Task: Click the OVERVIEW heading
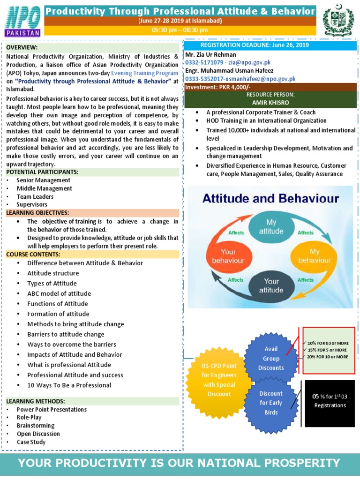[x=22, y=48]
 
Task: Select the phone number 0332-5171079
[x=205, y=62]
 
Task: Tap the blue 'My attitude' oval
[x=271, y=226]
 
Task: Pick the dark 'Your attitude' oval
[x=271, y=285]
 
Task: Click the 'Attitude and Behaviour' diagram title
[x=270, y=199]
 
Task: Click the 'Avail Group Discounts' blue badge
[x=271, y=359]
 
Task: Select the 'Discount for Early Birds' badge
[x=271, y=403]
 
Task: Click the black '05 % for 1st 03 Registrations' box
[x=330, y=401]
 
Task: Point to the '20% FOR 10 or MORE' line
[x=328, y=357]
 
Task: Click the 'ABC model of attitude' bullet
[x=59, y=294]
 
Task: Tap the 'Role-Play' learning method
[x=29, y=417]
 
